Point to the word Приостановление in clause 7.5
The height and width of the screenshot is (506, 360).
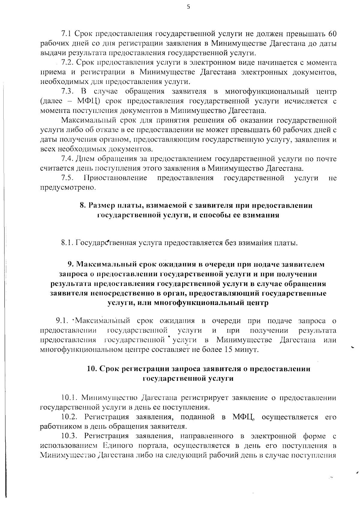pyautogui.click(x=115, y=178)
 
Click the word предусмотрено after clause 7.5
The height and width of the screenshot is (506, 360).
pyautogui.click(x=68, y=188)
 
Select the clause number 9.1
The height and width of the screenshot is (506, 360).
pyautogui.click(x=62, y=321)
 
